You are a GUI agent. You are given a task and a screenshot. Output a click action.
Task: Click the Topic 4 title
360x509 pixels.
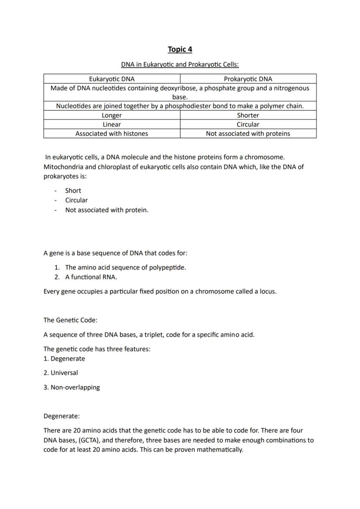tap(180, 49)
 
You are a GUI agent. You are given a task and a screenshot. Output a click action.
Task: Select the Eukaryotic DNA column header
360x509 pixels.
tap(112, 79)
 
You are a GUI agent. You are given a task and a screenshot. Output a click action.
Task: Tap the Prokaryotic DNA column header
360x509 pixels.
tap(248, 79)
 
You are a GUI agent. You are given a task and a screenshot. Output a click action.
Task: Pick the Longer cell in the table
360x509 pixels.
tap(112, 115)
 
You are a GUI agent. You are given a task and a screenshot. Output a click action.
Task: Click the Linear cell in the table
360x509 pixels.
tap(112, 124)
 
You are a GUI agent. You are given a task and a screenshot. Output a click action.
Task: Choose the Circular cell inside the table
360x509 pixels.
tap(248, 124)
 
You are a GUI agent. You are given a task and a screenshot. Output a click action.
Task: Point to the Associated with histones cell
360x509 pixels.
tap(112, 133)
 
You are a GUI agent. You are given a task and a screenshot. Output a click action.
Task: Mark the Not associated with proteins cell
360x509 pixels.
tap(248, 133)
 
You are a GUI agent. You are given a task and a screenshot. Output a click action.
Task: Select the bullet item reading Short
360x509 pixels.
tap(73, 190)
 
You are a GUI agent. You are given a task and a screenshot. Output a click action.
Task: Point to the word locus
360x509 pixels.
tap(267, 291)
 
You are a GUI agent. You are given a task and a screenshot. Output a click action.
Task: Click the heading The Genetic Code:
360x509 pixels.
tap(70, 320)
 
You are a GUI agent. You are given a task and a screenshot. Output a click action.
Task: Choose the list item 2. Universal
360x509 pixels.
tap(61, 373)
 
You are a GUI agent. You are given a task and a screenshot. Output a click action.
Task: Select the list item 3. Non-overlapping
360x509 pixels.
tap(72, 387)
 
